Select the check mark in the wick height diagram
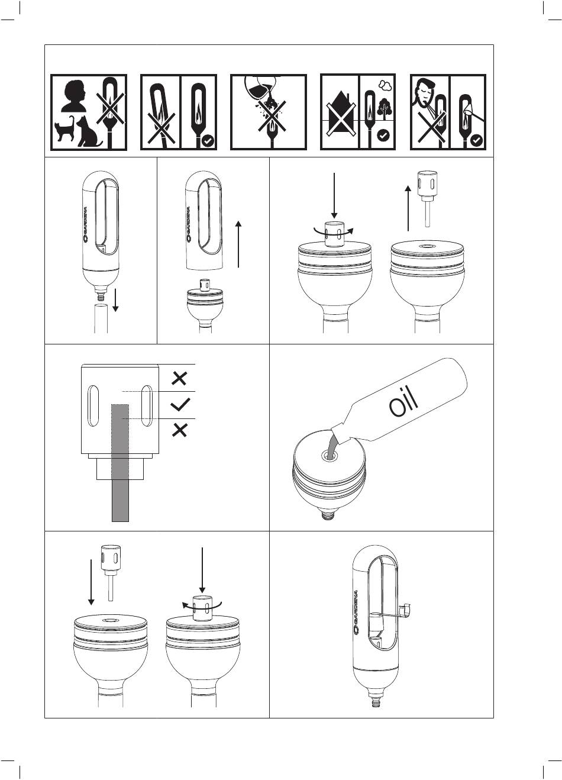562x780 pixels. click(180, 405)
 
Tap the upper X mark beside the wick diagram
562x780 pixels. click(180, 378)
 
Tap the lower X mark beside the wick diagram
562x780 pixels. click(180, 431)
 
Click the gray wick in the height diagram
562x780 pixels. click(120, 462)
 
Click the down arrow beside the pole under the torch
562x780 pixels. click(117, 300)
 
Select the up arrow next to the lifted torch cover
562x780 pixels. click(238, 244)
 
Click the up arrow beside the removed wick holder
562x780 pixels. click(408, 207)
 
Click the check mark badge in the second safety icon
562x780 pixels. click(207, 141)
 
